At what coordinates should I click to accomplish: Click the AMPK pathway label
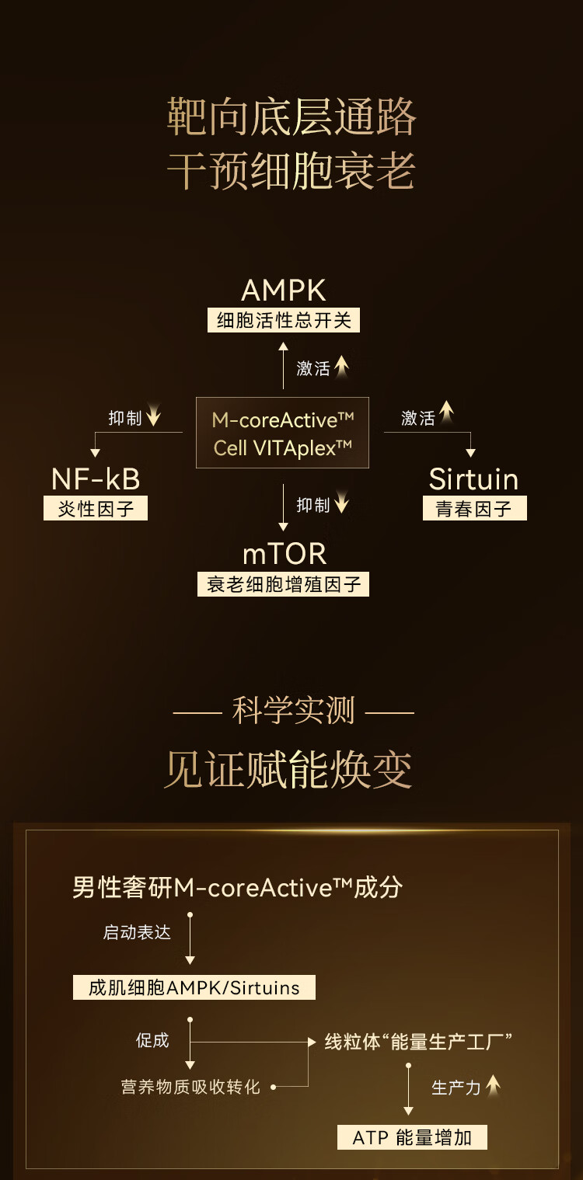point(283,291)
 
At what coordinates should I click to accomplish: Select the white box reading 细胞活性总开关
point(284,320)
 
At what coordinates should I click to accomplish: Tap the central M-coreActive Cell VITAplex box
point(283,433)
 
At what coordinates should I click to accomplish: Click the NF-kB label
point(96,479)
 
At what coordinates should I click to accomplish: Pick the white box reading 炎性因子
point(96,509)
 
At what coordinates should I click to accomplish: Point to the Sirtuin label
point(473,479)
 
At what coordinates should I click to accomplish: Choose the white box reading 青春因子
point(474,509)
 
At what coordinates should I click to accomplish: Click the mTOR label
point(284,554)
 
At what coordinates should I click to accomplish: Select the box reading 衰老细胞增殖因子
point(284,584)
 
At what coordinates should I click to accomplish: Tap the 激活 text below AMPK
point(313,369)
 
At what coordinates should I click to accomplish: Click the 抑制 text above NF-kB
point(125,419)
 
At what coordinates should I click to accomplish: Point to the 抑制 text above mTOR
point(313,506)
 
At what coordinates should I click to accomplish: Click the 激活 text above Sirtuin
point(418,419)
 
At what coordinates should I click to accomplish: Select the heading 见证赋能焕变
point(288,770)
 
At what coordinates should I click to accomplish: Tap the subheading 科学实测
point(293,711)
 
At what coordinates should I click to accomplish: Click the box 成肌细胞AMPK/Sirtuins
point(194,987)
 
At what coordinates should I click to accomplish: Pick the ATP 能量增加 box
point(412,1138)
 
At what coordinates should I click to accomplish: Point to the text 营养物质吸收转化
point(190,1087)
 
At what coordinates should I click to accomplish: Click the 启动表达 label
point(137,932)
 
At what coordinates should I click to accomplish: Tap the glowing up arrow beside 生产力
point(494,1086)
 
